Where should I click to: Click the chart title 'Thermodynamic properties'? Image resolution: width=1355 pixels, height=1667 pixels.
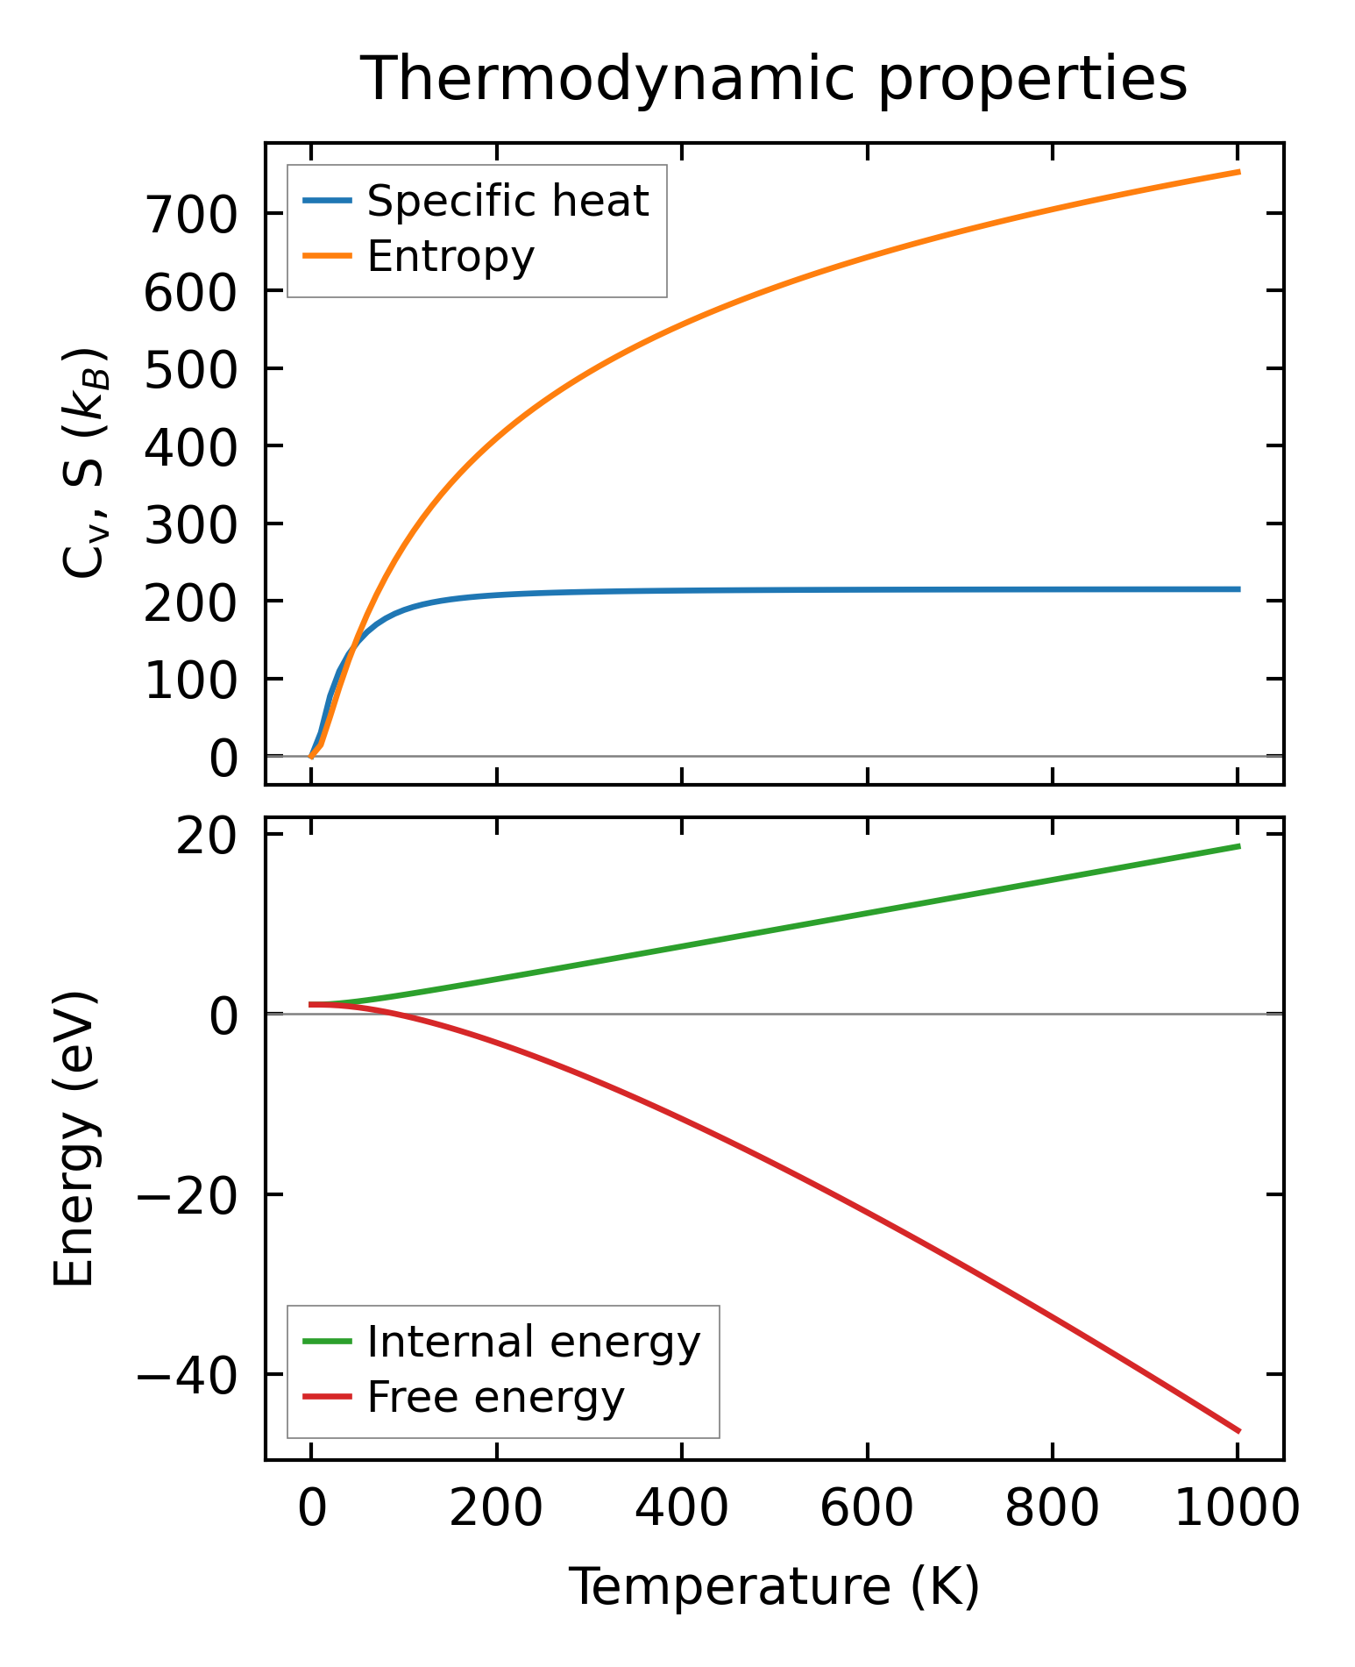[774, 79]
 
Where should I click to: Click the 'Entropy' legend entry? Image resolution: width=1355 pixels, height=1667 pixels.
[450, 257]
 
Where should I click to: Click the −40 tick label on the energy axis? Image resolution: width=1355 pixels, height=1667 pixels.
[187, 1375]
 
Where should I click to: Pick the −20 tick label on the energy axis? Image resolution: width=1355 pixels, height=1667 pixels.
[187, 1195]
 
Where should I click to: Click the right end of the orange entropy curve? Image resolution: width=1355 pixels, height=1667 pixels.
[1238, 172]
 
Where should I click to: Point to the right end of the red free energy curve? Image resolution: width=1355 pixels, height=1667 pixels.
[1238, 1431]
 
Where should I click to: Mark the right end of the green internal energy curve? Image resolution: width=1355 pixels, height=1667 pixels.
[1238, 846]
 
